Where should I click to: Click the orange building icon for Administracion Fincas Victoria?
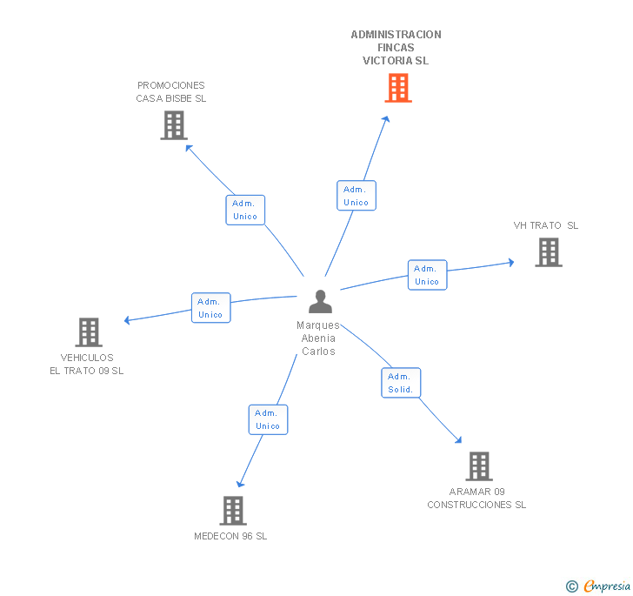point(398,88)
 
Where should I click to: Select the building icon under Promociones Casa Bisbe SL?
point(174,125)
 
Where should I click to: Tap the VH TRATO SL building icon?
point(549,252)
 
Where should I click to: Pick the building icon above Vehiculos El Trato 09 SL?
point(89,332)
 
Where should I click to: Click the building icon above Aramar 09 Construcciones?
point(478,466)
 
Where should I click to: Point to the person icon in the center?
point(321,302)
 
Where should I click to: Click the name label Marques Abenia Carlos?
point(318,338)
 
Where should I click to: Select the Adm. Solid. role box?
point(401,383)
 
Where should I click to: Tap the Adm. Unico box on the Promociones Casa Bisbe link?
point(245,210)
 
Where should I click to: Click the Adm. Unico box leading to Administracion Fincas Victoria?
point(356,196)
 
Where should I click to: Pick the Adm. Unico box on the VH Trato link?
point(427,275)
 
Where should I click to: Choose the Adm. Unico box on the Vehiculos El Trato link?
point(210,308)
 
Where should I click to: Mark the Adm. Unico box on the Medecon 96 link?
point(268,419)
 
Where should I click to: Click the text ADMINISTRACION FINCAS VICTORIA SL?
point(396,48)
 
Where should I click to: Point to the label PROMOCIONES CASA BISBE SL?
point(171,91)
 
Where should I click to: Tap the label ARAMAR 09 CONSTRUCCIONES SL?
point(476,498)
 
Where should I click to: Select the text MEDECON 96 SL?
point(230,536)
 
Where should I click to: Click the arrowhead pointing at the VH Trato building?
point(510,262)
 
